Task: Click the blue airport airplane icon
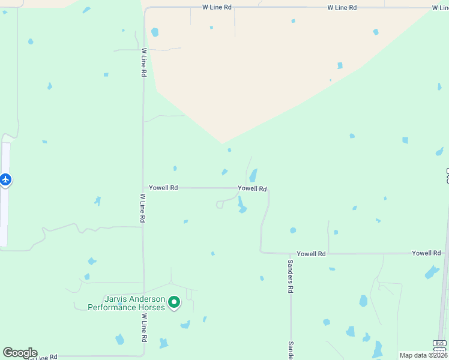pos(6,179)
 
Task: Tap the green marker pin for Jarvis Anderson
pos(174,302)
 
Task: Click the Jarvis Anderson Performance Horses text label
pos(126,303)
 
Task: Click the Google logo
pos(20,353)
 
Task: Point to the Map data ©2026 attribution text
pos(423,355)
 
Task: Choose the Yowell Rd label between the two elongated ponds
pos(252,188)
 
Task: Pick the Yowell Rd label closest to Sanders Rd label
pos(311,254)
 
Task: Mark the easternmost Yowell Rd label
pos(426,253)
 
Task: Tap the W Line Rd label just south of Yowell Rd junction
pos(143,208)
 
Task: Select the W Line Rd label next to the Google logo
pos(43,356)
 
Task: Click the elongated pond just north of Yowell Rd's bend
pos(253,175)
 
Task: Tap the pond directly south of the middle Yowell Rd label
pos(242,205)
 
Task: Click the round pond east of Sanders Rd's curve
pos(293,230)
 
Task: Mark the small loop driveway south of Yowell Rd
pos(220,205)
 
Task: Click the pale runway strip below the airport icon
pos(5,216)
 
